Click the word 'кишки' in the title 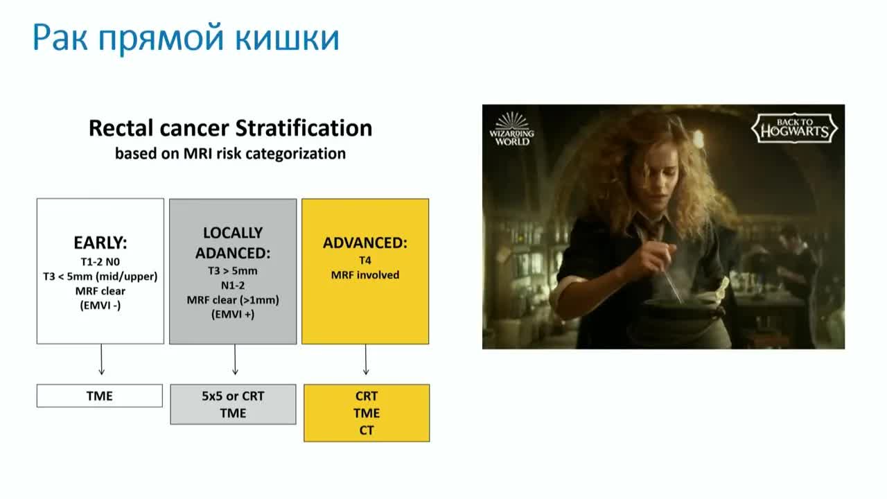point(287,39)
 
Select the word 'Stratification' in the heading point(304,128)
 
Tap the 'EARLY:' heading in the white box point(100,243)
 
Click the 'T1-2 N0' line point(100,262)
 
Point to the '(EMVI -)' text point(100,306)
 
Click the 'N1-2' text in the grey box point(233,285)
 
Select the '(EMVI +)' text point(233,315)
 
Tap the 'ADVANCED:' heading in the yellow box point(365,243)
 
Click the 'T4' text point(365,260)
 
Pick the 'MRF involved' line point(365,275)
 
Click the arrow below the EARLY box point(101,359)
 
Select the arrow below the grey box point(235,359)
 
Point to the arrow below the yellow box point(366,359)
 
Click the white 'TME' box point(100,396)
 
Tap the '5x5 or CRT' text point(233,396)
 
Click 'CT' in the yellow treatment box point(367,430)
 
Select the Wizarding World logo point(512,129)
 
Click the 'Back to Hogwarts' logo point(794,128)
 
